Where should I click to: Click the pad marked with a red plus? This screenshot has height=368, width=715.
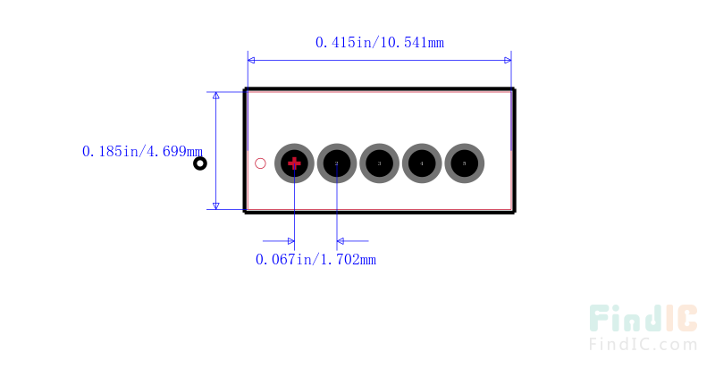coord(294,163)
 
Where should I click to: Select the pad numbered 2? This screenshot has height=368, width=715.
coord(337,163)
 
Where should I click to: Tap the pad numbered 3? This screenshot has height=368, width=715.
coord(379,163)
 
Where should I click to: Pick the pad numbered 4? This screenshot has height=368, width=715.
coord(422,163)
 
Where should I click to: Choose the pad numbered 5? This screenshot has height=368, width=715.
coord(465,163)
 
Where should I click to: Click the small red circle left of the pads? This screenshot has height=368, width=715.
coord(261,163)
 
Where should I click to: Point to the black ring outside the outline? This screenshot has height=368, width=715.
coord(200,163)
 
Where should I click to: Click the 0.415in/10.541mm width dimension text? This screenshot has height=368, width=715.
coord(380,42)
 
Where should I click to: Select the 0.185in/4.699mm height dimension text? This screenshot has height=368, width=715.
coord(142,152)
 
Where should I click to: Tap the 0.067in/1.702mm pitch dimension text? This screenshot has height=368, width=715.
coord(315,259)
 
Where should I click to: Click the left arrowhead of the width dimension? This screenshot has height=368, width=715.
coord(251,60)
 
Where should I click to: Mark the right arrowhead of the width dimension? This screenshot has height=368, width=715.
coord(508,60)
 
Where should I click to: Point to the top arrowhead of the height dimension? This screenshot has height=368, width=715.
coord(215,96)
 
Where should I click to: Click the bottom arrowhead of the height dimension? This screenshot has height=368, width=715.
coord(215,205)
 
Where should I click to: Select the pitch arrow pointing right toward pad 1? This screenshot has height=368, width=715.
coord(290,240)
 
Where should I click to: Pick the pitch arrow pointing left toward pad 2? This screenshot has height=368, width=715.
coord(341,240)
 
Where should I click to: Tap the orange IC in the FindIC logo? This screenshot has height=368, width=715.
coord(681,320)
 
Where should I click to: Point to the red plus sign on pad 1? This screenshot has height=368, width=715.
coord(294,163)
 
